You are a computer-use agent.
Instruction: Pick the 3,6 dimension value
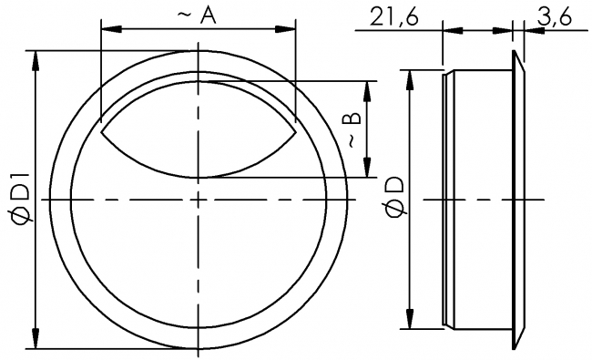click(556, 16)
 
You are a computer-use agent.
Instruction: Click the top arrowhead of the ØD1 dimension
click(36, 57)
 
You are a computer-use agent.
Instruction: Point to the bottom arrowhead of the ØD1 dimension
click(36, 340)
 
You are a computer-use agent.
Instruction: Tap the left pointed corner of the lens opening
click(101, 134)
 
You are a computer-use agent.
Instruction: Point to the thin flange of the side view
click(518, 198)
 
